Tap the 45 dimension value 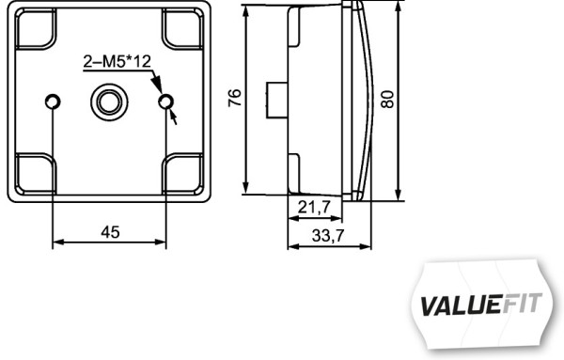[x=109, y=232]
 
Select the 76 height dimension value [x=235, y=98]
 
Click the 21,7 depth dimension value [x=313, y=206]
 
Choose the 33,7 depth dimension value [x=326, y=237]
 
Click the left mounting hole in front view [x=54, y=101]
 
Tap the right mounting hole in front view [x=166, y=101]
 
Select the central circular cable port [x=109, y=100]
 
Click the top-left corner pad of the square [x=33, y=27]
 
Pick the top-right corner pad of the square [x=184, y=27]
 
